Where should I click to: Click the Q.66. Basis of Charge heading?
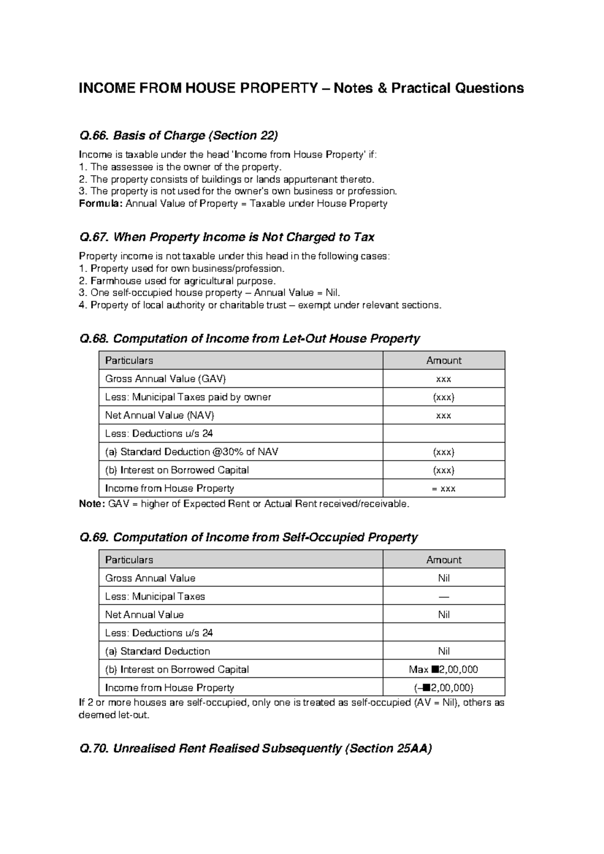[x=179, y=135]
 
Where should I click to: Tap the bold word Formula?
[x=101, y=203]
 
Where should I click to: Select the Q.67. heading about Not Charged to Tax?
[x=227, y=237]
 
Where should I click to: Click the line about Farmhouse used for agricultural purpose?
[x=178, y=280]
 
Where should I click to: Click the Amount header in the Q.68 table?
[x=443, y=361]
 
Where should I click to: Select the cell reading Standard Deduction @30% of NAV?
[x=191, y=452]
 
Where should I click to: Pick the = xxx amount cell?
[x=443, y=488]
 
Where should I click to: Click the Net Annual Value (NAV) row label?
[x=160, y=415]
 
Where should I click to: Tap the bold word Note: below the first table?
[x=92, y=504]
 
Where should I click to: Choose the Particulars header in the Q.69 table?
[x=129, y=560]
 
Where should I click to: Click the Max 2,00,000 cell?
[x=443, y=669]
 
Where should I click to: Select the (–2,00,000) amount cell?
[x=443, y=688]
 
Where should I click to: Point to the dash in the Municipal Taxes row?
[x=443, y=597]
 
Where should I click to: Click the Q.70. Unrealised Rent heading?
[x=256, y=749]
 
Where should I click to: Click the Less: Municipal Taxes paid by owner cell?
[x=188, y=397]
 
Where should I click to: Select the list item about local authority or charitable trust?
[x=260, y=305]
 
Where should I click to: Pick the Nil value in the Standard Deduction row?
[x=443, y=651]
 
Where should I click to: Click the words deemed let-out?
[x=114, y=715]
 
